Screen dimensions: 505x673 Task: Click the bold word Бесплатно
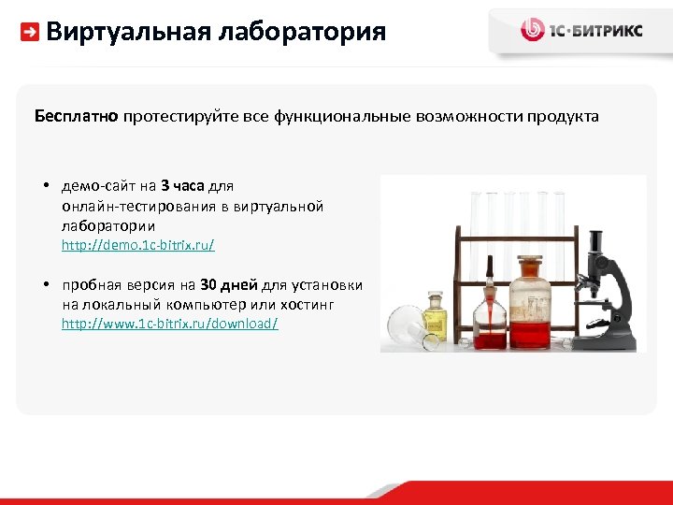pos(76,117)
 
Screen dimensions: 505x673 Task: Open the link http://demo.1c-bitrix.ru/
pos(137,245)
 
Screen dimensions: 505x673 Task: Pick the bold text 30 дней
pos(229,285)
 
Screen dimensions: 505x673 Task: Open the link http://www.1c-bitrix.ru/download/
pos(169,324)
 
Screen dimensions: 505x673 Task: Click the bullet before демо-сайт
pos(45,185)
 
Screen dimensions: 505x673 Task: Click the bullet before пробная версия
pos(45,285)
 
